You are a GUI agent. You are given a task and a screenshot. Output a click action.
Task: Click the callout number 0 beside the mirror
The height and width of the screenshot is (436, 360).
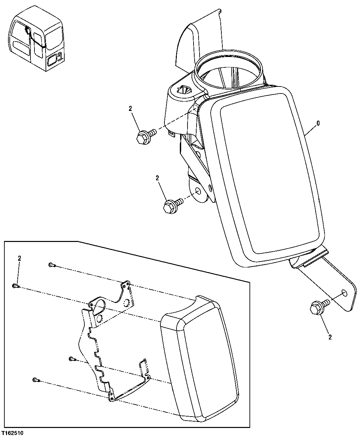[318, 123]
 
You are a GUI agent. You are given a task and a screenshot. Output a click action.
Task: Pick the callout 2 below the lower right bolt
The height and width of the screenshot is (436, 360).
[330, 338]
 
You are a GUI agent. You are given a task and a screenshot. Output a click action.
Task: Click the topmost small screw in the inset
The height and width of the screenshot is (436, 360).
[51, 265]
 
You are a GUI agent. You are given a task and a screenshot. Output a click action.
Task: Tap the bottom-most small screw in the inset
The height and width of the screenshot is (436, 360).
[36, 380]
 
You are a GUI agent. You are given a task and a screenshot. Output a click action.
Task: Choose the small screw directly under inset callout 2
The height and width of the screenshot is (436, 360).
[15, 286]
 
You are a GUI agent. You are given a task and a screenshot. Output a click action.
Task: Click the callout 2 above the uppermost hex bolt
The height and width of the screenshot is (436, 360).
[130, 108]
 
